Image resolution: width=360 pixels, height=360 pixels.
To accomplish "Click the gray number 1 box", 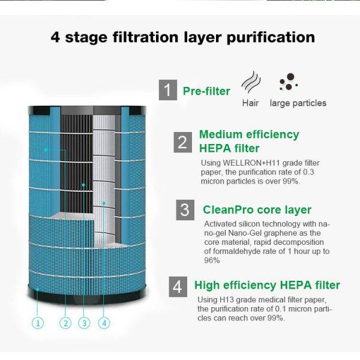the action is tap(168, 90).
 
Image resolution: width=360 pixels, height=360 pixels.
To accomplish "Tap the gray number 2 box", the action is tap(183, 142).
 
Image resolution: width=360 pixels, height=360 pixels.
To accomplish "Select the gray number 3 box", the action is tap(185, 210).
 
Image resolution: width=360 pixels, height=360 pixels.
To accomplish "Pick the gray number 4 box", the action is tap(178, 287).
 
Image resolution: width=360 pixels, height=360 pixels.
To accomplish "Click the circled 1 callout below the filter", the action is tap(38, 323).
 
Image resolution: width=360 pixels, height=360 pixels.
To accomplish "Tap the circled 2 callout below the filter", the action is tap(65, 323).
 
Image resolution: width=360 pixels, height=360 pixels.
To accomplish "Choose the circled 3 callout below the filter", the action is tap(84, 323).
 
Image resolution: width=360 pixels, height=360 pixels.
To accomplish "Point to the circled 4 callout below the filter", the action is tap(104, 323).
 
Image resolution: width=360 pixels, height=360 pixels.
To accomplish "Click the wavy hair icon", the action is tap(251, 82).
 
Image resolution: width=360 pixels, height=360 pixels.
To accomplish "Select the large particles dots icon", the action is tap(289, 82).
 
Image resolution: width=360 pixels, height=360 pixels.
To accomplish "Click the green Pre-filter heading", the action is tap(206, 91).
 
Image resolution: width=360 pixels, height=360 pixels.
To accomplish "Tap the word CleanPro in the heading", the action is tap(228, 210).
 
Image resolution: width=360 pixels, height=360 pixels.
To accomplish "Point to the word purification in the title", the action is tap(271, 37).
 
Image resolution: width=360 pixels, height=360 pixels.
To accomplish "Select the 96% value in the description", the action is tap(212, 260).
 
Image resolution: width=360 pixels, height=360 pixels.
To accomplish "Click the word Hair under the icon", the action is tap(250, 103).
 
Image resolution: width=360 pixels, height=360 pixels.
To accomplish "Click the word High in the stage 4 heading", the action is tap(207, 286).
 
